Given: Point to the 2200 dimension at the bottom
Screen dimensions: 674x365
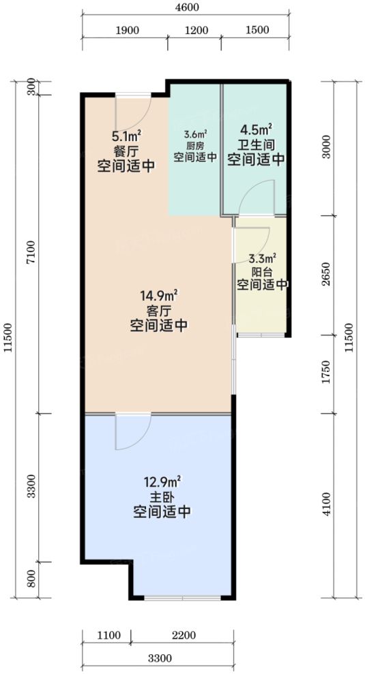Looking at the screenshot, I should coord(184,636).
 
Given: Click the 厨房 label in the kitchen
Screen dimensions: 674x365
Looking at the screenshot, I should coord(195,146).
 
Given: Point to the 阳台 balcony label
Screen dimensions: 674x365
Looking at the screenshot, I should coord(261,271).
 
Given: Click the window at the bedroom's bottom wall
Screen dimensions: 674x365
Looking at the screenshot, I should coord(182,598).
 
